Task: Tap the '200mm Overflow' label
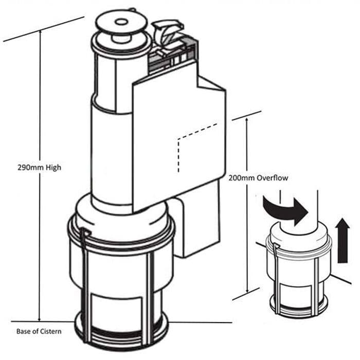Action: pyautogui.click(x=258, y=178)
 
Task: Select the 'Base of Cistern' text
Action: pyautogui.click(x=39, y=331)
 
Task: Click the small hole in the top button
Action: pyautogui.click(x=121, y=22)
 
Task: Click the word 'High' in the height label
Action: pyautogui.click(x=52, y=168)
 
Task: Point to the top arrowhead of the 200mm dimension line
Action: pyautogui.click(x=249, y=119)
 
